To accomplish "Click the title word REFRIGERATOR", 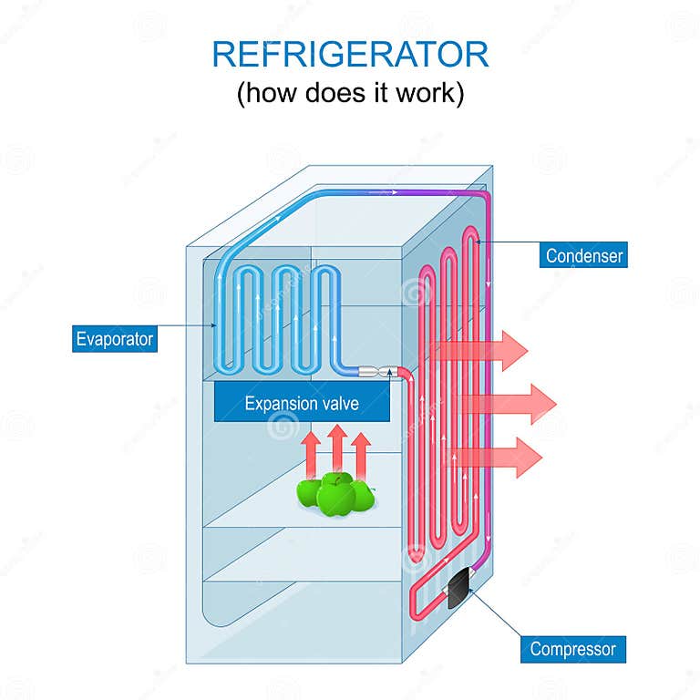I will coord(350,55).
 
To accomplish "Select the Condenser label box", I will coord(584,255).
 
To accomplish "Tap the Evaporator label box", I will coord(115,340).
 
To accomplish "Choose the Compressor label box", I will coord(573,650).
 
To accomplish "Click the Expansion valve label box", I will coord(302,403).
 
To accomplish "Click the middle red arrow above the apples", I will coord(336,448).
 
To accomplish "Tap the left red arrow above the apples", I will coord(311,452).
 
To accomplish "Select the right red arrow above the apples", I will coord(361,452).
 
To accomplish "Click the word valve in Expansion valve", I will coord(338,403).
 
